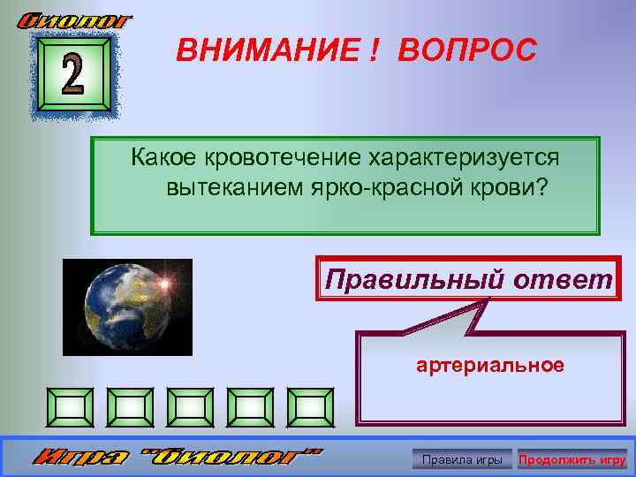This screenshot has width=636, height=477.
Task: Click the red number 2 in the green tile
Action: pos(72,78)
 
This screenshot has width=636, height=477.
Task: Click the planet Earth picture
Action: pos(127,306)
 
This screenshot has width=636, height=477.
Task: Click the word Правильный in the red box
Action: pos(413,280)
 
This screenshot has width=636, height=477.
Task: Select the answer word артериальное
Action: pos(490,365)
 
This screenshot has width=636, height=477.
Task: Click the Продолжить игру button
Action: pos(572,459)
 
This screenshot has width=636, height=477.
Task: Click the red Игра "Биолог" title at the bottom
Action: pos(177,458)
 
